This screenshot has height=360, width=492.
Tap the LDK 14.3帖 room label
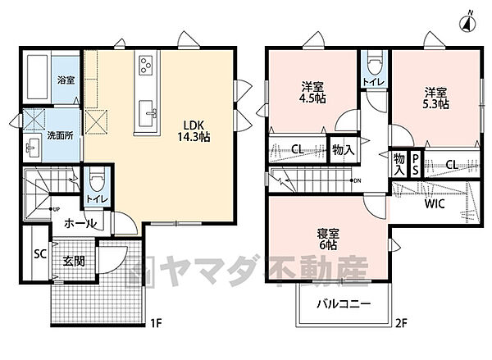pos(194,131)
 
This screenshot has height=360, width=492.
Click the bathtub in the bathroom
pos(38,76)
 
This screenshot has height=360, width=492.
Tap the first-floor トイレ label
pos(94,198)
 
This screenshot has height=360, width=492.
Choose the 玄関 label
pos(74,262)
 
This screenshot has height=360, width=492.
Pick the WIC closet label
pos(434,204)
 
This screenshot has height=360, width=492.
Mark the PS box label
pos(416,164)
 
